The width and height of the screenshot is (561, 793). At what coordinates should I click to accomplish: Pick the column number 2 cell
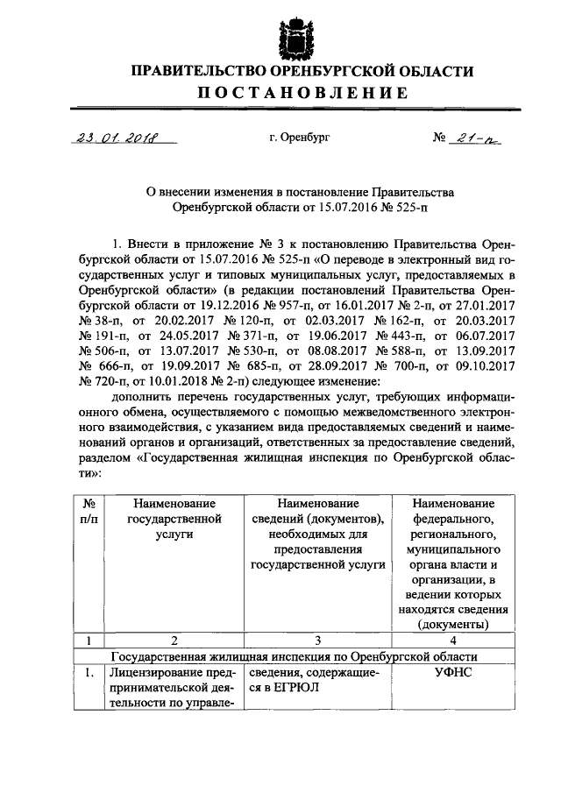pyautogui.click(x=174, y=640)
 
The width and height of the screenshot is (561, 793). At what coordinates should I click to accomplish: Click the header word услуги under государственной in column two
pyautogui.click(x=174, y=534)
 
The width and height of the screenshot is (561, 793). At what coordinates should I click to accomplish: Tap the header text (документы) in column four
pyautogui.click(x=453, y=624)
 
